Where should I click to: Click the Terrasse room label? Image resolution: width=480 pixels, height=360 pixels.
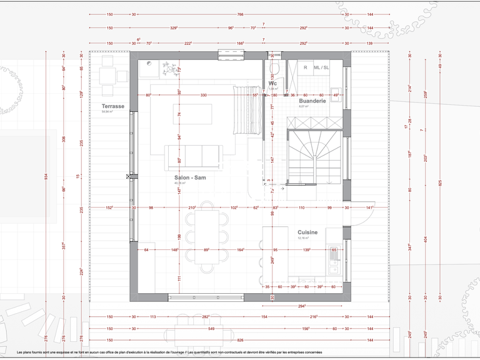(113, 107)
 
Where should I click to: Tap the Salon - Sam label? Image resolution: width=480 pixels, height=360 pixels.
(190, 177)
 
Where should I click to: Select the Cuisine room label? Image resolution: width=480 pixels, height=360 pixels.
(307, 232)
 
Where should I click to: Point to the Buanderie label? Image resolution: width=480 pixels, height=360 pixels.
(312, 101)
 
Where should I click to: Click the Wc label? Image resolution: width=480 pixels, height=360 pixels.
(272, 83)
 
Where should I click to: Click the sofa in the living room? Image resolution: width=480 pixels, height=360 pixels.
(193, 157)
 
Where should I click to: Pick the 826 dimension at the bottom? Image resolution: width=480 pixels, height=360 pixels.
(239, 340)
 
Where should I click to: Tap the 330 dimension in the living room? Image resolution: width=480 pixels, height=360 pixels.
(203, 96)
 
